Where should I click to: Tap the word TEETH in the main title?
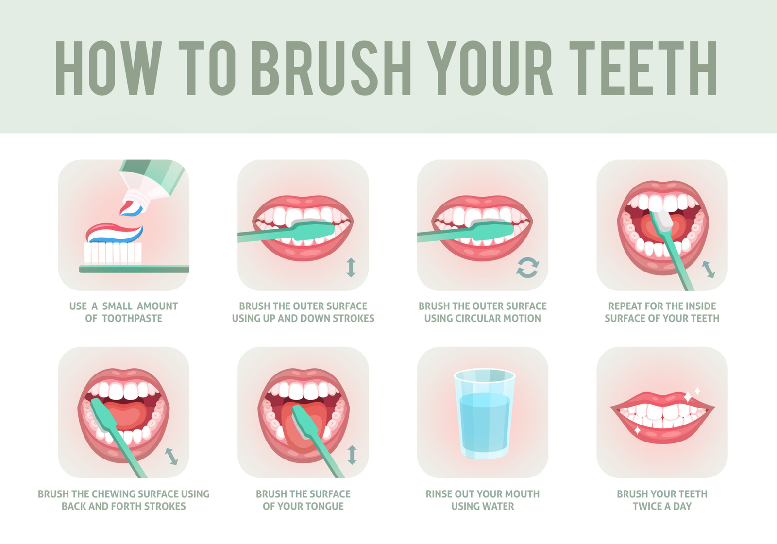click(643, 68)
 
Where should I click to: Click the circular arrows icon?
click(527, 267)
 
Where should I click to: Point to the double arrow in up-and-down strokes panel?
click(351, 268)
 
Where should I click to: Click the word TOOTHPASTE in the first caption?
click(132, 319)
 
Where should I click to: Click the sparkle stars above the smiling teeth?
click(693, 394)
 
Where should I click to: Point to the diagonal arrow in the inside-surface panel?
click(708, 269)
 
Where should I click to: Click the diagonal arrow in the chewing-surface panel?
click(171, 457)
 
